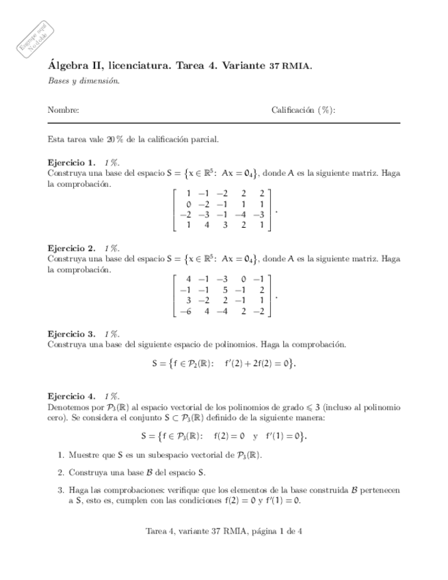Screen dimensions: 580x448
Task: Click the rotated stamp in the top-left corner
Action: click(32, 34)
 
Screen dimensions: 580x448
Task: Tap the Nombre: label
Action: click(63, 109)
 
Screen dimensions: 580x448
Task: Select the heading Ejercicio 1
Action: click(71, 163)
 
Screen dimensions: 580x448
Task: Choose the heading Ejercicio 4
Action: click(71, 396)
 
